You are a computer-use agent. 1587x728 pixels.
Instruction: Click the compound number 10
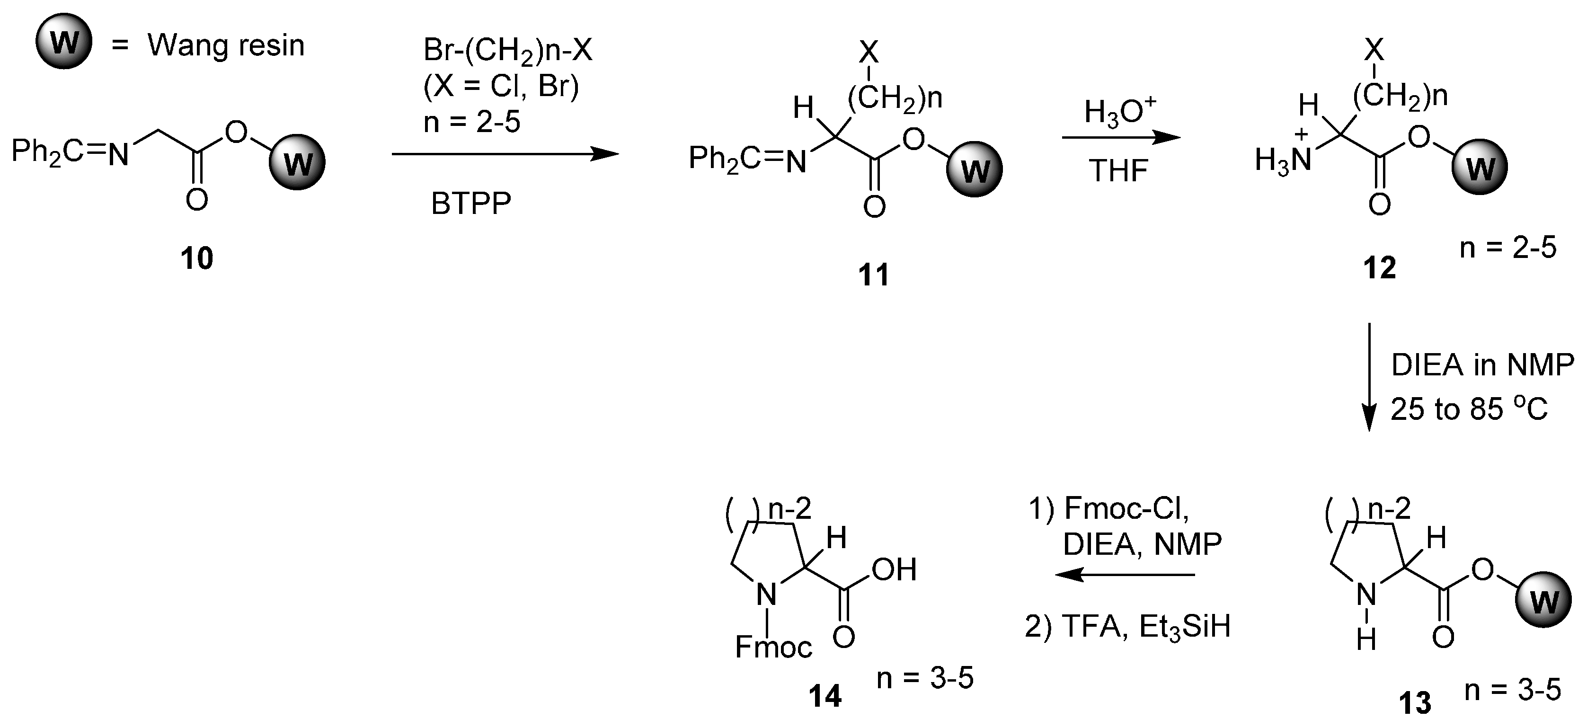tap(196, 258)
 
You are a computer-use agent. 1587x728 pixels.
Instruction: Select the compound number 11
tap(874, 274)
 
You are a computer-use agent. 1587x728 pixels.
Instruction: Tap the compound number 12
tap(1379, 267)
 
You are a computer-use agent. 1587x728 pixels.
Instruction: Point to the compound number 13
tap(1415, 703)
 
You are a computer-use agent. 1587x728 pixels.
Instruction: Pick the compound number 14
tap(825, 696)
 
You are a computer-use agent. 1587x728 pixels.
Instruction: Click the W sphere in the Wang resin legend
tap(64, 43)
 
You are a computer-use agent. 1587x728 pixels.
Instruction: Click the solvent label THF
tap(1118, 170)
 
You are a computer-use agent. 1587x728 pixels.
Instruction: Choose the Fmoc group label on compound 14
tap(773, 647)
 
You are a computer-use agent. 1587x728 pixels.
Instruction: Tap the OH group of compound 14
tap(894, 570)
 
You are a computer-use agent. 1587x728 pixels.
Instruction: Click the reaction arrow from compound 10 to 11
tap(505, 153)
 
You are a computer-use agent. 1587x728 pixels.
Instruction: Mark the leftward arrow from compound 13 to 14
tap(1125, 575)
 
